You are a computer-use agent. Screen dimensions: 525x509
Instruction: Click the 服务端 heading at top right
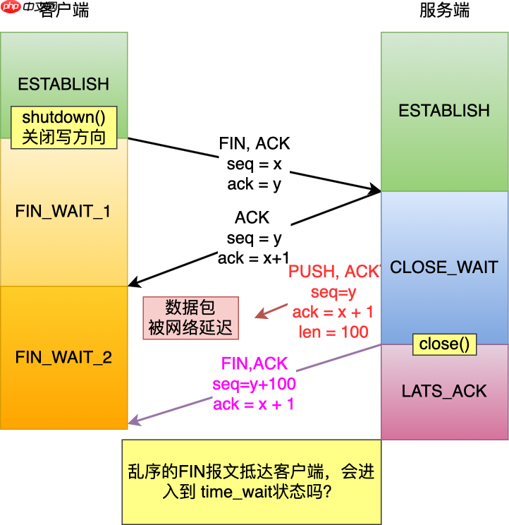tap(444, 11)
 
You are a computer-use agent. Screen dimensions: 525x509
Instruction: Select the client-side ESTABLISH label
tap(63, 84)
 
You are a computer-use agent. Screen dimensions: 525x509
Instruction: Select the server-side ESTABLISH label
tap(444, 111)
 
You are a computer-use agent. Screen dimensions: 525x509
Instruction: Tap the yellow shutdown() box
tap(63, 128)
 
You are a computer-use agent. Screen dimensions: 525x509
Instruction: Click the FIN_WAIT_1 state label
tap(63, 212)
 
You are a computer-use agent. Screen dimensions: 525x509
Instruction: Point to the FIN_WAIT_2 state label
tap(63, 357)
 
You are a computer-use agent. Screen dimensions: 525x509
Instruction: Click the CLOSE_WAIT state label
tap(444, 267)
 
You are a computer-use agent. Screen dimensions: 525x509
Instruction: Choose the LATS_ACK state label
tap(444, 392)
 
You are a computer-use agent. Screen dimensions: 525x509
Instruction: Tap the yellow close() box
tap(444, 344)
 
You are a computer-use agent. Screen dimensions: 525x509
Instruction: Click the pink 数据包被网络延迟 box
tap(191, 318)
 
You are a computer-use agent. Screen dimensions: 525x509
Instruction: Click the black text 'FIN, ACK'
tap(254, 144)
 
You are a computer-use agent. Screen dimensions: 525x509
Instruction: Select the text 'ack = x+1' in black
tap(253, 258)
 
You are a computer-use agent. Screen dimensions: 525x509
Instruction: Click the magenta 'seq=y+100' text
tap(254, 385)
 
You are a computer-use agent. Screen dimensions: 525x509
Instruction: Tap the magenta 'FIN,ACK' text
tap(255, 364)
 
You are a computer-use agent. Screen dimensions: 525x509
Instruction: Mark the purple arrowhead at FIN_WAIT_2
tap(132, 423)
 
